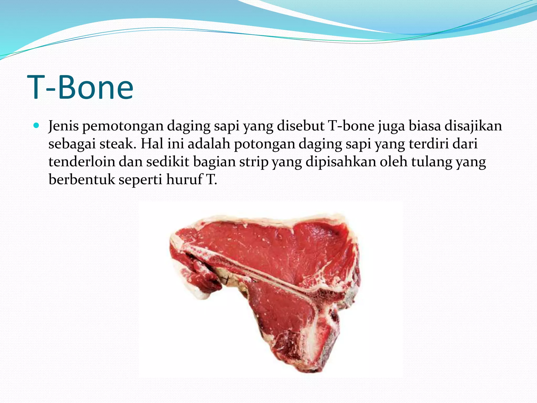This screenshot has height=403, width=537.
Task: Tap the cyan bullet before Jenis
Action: [x=36, y=126]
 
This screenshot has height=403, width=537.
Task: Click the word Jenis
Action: [x=63, y=126]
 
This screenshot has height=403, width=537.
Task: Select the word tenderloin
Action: [x=82, y=162]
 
